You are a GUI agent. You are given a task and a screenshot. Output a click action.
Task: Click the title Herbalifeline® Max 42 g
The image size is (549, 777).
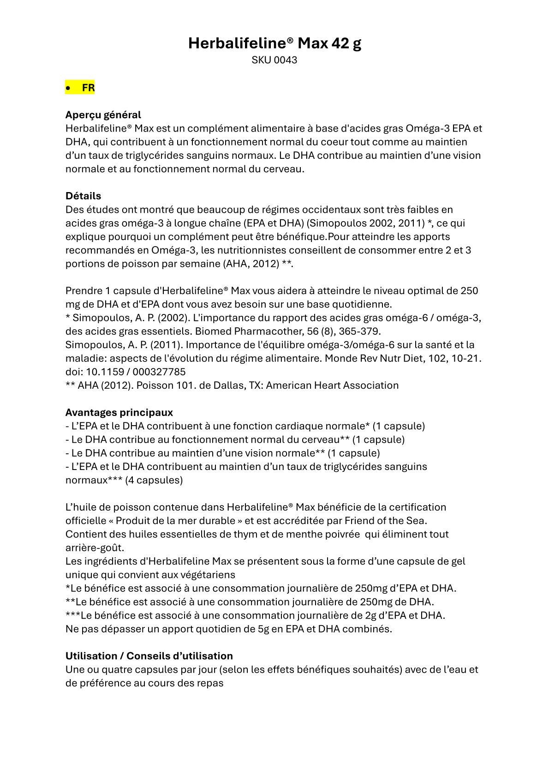pyautogui.click(x=274, y=43)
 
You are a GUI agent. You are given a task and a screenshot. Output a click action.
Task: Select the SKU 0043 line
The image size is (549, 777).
pyautogui.click(x=274, y=60)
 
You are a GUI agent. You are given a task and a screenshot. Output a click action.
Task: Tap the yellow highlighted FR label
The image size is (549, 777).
pyautogui.click(x=88, y=88)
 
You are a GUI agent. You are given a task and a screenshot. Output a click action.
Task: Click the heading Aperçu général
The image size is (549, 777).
pyautogui.click(x=103, y=115)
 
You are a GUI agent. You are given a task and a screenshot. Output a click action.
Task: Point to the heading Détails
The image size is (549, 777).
pyautogui.click(x=83, y=196)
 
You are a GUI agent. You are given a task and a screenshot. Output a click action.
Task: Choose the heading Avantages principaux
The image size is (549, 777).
pyautogui.click(x=119, y=412)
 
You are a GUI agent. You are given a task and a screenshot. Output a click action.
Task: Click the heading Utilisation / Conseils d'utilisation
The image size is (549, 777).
pyautogui.click(x=149, y=656)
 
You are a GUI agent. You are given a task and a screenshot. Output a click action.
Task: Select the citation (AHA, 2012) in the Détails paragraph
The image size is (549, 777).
pyautogui.click(x=251, y=264)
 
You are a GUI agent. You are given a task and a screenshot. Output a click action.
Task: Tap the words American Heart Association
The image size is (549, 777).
pyautogui.click(x=332, y=385)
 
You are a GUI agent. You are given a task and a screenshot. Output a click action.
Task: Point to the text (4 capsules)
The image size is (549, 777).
pyautogui.click(x=154, y=480)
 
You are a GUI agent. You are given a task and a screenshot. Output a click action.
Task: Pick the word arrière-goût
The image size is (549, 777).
pyautogui.click(x=95, y=548)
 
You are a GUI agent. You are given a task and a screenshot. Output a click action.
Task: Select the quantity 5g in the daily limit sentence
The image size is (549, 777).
pyautogui.click(x=263, y=629)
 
